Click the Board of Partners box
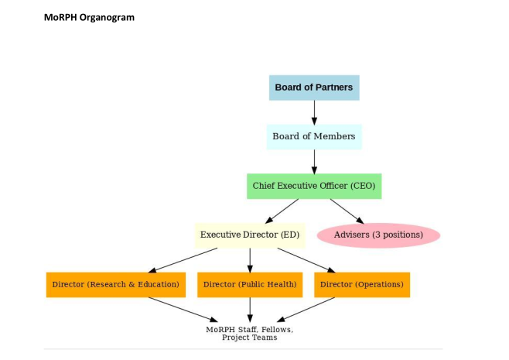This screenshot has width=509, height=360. (314, 87)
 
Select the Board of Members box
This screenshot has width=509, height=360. (314, 136)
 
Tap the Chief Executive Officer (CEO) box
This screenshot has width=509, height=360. (314, 186)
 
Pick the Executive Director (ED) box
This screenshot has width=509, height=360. (249, 235)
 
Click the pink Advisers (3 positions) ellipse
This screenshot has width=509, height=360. (378, 235)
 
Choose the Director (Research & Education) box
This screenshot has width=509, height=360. (115, 284)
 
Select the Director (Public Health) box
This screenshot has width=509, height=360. (250, 284)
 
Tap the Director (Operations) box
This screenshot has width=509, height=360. (361, 284)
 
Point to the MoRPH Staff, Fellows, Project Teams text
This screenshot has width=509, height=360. (250, 333)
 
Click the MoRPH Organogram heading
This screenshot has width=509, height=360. (89, 17)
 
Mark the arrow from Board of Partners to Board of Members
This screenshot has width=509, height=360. (314, 112)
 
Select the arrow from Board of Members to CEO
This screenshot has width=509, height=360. (314, 161)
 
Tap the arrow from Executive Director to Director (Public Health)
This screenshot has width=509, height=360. (250, 259)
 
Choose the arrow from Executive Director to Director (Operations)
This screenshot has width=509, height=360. (306, 259)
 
